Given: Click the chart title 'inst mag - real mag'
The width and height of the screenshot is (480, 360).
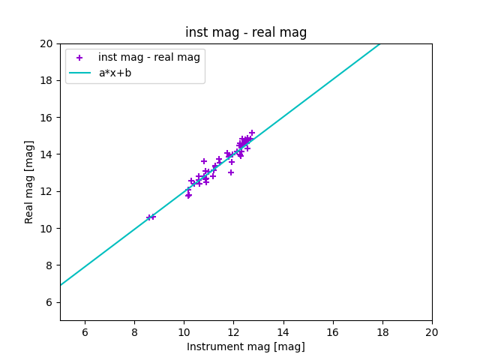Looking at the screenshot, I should click(246, 32).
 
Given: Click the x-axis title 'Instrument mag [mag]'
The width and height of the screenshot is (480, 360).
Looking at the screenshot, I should click(246, 346).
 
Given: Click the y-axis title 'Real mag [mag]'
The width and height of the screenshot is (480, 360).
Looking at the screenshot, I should click(30, 181).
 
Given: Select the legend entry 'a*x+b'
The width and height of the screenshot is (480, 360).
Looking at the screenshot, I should click(115, 73).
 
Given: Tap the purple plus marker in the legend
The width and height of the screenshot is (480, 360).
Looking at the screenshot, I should click(79, 58).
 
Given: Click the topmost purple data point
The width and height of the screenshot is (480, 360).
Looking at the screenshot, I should click(252, 133).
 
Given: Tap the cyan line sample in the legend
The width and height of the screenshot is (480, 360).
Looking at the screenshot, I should click(79, 73).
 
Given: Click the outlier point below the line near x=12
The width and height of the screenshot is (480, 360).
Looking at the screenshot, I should click(231, 172).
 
